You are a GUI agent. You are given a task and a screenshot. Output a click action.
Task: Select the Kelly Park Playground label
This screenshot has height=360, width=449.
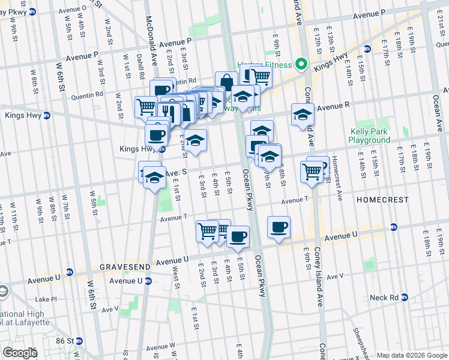(x=370, y=136)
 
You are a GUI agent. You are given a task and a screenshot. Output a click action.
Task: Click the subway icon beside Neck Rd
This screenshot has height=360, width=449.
(x=405, y=297)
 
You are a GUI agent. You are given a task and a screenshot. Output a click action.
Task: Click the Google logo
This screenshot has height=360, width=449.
(x=20, y=353)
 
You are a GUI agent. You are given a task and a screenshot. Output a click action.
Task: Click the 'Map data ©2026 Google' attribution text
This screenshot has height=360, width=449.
(x=412, y=355)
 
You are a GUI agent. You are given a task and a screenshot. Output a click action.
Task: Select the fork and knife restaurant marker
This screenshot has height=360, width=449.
(x=166, y=112)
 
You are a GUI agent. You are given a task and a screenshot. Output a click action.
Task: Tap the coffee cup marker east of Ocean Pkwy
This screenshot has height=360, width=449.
(x=279, y=227)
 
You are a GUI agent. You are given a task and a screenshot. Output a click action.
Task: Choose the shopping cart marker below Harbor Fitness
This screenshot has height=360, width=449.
(x=261, y=76)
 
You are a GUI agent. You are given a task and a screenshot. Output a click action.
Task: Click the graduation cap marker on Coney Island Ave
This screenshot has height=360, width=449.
(x=303, y=114)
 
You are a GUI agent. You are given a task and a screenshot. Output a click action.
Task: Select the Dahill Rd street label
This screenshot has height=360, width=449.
(x=140, y=67)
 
